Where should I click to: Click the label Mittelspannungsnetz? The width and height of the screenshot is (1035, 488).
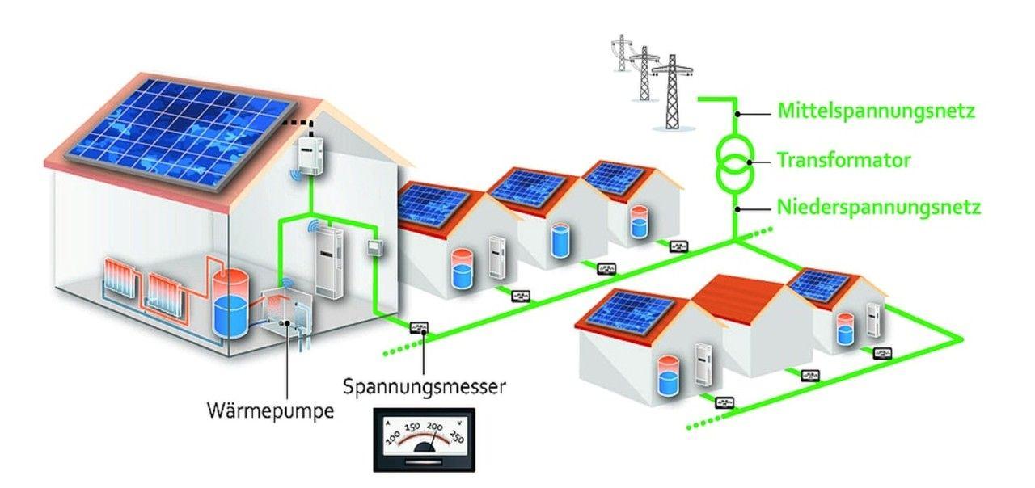coord(877,111)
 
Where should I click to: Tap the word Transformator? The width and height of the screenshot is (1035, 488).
coord(844,160)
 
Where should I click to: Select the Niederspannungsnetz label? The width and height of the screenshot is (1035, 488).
coord(879,208)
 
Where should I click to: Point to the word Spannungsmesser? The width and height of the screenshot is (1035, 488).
coord(425,386)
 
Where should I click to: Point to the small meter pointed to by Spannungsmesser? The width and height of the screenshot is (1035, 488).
coord(420,327)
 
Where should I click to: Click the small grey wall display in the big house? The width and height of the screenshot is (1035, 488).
coord(374,247)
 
